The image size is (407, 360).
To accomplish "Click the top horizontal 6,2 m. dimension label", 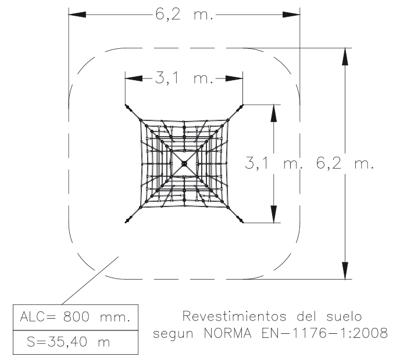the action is point(184,14).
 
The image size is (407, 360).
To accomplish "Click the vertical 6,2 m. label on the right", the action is point(345,163).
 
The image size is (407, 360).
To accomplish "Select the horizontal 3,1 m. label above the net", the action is point(184,77).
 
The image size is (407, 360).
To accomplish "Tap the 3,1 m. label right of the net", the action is point(274,163).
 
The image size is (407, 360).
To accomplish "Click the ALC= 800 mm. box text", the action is point(75,316).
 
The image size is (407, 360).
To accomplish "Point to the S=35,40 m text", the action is point(69,341).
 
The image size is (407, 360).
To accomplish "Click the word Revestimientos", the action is point(234,316).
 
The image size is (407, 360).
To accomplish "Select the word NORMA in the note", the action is point(228,333).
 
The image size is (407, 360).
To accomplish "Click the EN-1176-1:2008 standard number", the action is point(324,333).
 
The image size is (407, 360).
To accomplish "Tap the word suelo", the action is point(344,316).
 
